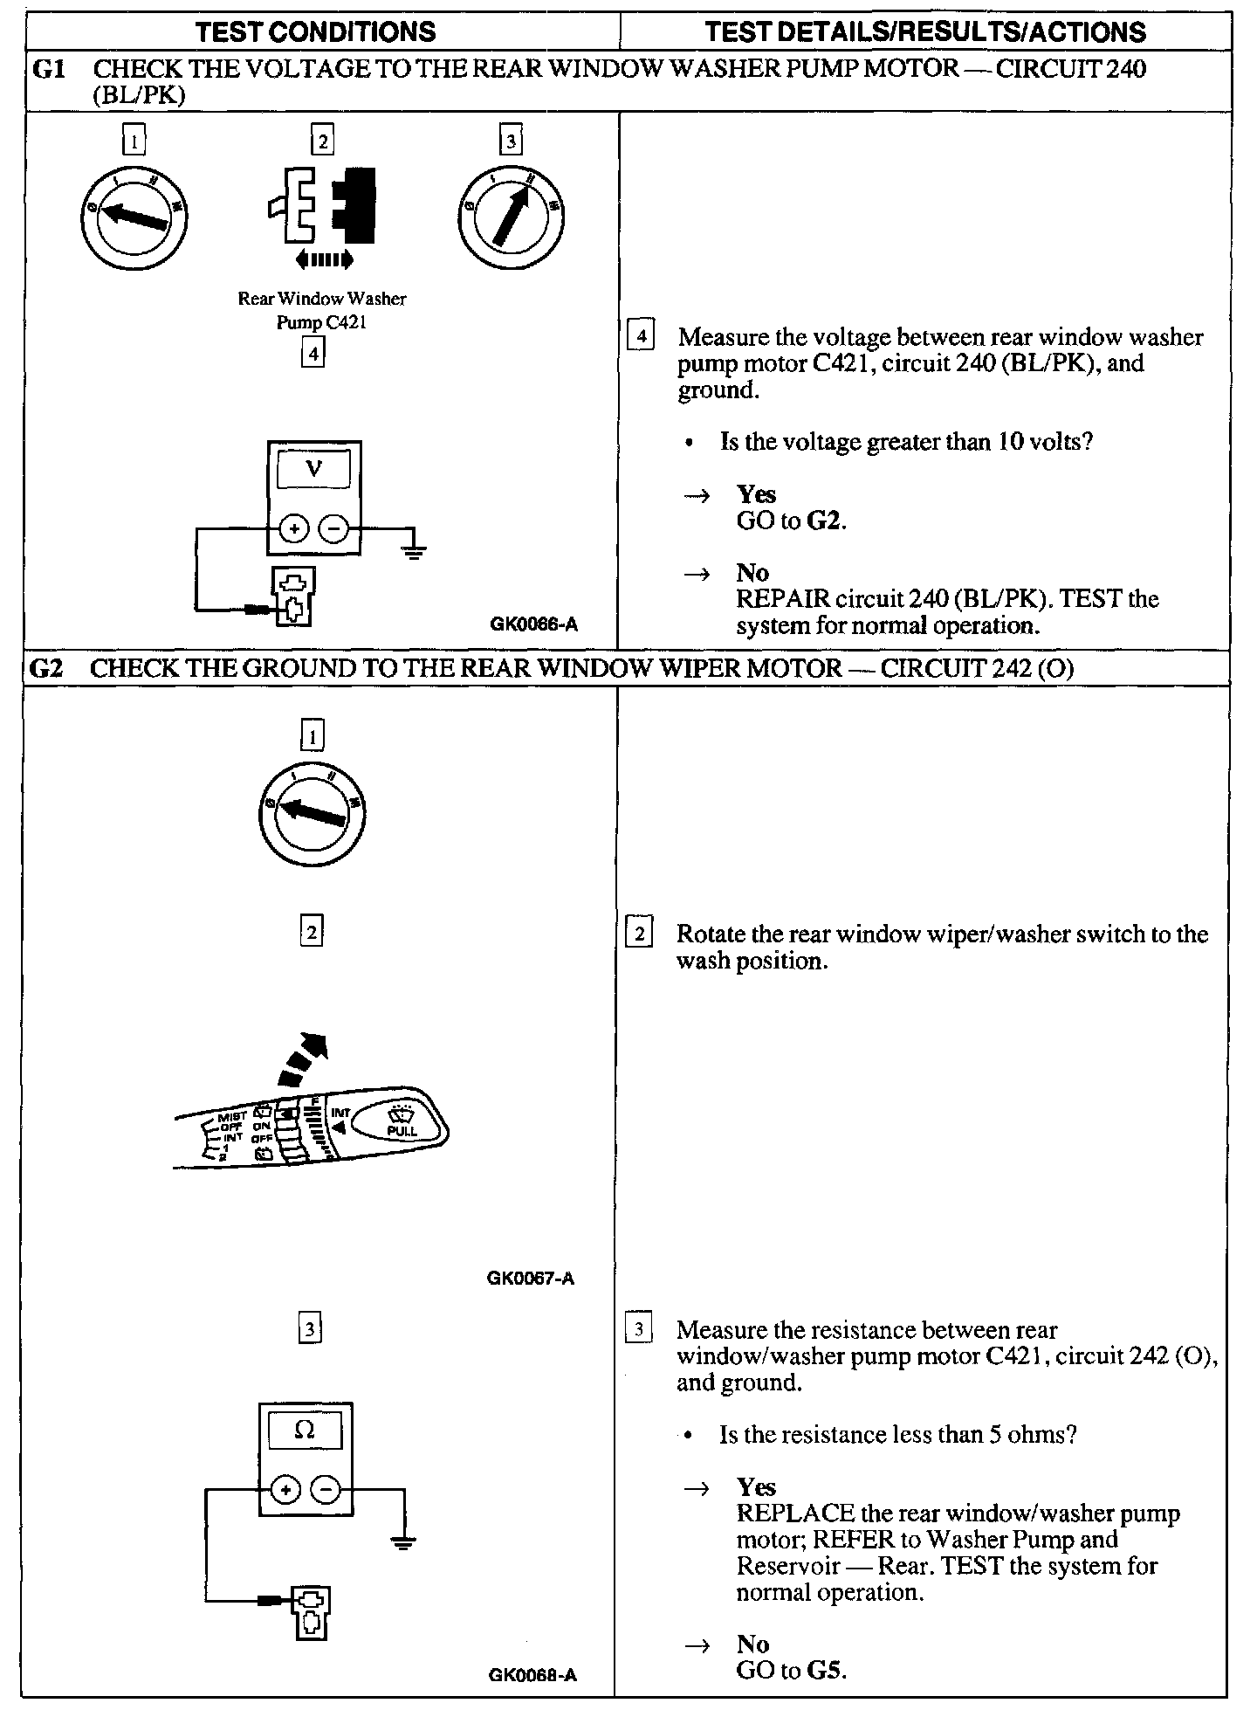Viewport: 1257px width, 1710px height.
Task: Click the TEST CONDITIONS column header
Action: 315,32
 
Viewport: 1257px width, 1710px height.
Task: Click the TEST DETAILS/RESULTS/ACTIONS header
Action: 924,32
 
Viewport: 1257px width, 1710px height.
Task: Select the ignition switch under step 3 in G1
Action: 510,215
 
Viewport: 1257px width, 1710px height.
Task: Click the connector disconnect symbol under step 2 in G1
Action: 323,206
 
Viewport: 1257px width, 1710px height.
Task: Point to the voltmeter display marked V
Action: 313,470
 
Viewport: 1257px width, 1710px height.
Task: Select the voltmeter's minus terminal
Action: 333,528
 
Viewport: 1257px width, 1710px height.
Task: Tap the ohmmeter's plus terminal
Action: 285,1490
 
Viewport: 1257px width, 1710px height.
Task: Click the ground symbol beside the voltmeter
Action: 414,549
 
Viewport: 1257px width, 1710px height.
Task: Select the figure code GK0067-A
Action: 531,1279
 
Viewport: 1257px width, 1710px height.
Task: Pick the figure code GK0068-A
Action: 532,1675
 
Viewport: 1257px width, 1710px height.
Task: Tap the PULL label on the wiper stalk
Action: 402,1130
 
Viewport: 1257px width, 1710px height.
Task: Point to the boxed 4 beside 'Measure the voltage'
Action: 641,336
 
